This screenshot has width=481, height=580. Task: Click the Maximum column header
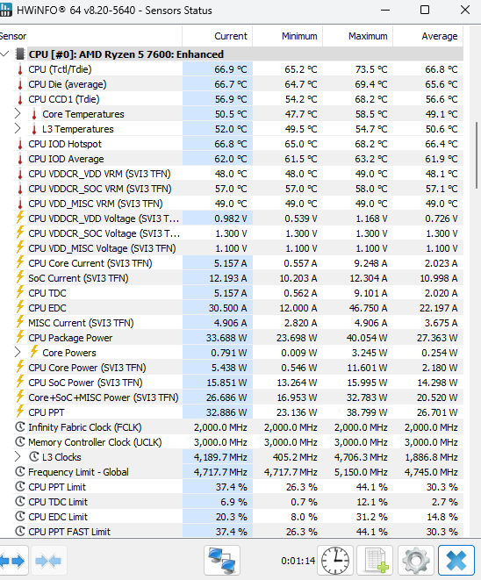pyautogui.click(x=368, y=36)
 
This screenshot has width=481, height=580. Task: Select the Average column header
pyautogui.click(x=440, y=36)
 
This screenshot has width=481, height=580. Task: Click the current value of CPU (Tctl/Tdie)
pyautogui.click(x=230, y=69)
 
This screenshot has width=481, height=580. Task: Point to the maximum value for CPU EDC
pyautogui.click(x=368, y=308)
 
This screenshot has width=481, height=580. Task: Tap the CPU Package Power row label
pyautogui.click(x=70, y=338)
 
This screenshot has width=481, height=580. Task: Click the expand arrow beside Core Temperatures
pyautogui.click(x=18, y=113)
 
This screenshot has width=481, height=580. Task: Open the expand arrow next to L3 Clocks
pyautogui.click(x=18, y=457)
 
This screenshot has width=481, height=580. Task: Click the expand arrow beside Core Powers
pyautogui.click(x=18, y=352)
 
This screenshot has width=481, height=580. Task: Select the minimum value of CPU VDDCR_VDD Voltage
pyautogui.click(x=301, y=218)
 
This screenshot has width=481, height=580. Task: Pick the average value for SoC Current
pyautogui.click(x=439, y=278)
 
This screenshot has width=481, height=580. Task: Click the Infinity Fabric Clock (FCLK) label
pyautogui.click(x=85, y=427)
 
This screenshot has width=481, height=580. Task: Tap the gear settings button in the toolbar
pyautogui.click(x=416, y=561)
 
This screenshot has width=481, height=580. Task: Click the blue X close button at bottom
pyautogui.click(x=456, y=561)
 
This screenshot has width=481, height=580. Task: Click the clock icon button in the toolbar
pyautogui.click(x=335, y=561)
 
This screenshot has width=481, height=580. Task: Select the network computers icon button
pyautogui.click(x=222, y=561)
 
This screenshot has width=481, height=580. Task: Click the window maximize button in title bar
pyautogui.click(x=425, y=10)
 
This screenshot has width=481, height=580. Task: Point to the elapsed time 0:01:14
pyautogui.click(x=298, y=562)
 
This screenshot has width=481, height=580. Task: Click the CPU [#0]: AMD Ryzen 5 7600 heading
pyautogui.click(x=126, y=54)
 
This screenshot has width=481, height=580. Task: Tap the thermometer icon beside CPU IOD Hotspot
pyautogui.click(x=20, y=144)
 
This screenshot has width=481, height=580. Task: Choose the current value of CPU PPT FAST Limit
pyautogui.click(x=231, y=532)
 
